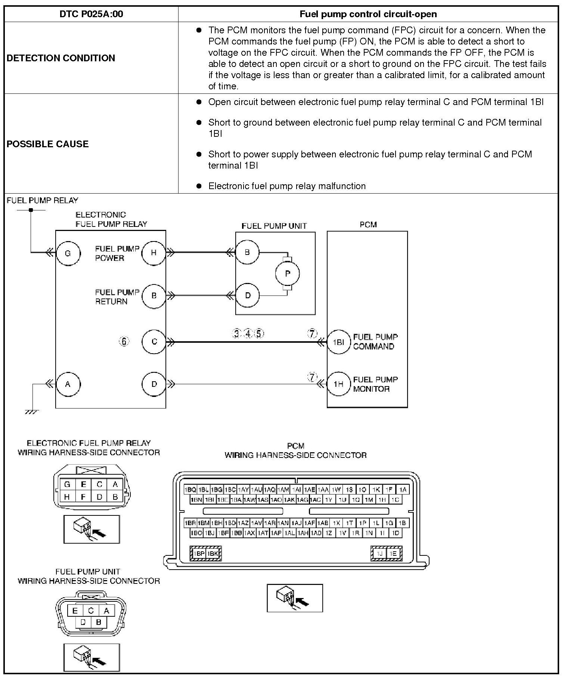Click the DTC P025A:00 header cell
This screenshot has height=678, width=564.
click(x=91, y=14)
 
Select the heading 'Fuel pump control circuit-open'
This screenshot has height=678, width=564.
click(x=368, y=14)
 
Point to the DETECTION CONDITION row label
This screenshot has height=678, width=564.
click(x=61, y=58)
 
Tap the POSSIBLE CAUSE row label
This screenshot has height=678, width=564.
click(x=48, y=144)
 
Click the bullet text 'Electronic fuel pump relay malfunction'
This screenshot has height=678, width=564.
click(x=287, y=186)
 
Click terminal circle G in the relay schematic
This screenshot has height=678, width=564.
click(x=68, y=253)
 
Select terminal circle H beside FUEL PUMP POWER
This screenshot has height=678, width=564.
click(x=154, y=253)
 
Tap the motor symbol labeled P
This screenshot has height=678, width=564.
click(x=287, y=274)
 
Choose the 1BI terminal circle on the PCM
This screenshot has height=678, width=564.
click(x=338, y=342)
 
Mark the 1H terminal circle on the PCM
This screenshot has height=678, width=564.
click(x=338, y=384)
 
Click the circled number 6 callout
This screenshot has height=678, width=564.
click(x=124, y=341)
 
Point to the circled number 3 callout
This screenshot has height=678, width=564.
click(x=236, y=333)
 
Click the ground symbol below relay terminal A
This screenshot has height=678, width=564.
click(x=32, y=412)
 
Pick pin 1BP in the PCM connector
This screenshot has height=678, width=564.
click(x=199, y=554)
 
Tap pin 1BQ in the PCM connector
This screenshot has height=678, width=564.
click(x=190, y=489)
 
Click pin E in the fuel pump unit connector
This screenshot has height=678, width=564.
click(x=75, y=611)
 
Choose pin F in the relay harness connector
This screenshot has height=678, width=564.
click(x=83, y=497)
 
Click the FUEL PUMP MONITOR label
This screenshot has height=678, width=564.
click(x=375, y=384)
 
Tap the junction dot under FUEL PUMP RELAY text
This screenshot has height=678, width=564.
click(x=31, y=210)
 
